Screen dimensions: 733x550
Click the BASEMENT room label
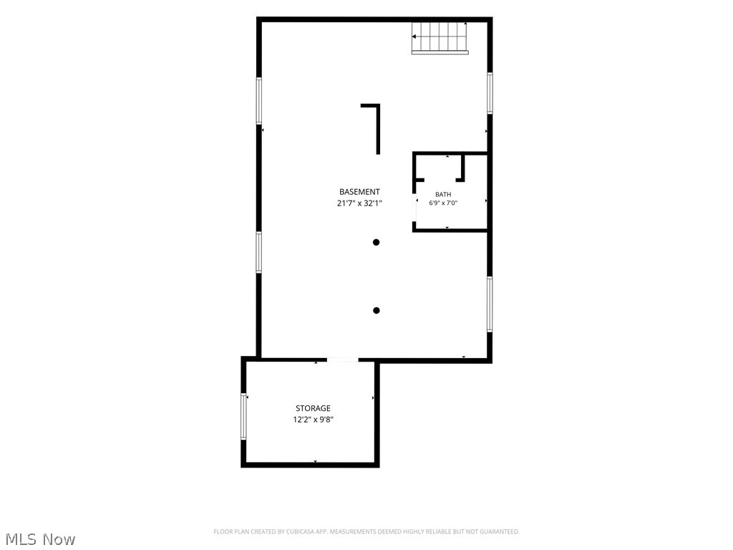(x=359, y=192)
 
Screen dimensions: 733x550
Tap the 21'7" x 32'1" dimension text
(x=359, y=203)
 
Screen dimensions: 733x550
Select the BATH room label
(x=443, y=195)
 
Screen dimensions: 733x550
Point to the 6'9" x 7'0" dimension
(x=443, y=203)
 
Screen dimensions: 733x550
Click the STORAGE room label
(x=314, y=408)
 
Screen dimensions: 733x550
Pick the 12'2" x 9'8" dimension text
(x=314, y=420)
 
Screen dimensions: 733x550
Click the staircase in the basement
(x=440, y=37)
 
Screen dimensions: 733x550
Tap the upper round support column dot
(x=377, y=242)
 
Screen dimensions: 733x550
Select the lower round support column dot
(x=377, y=311)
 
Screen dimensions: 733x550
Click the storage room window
(x=243, y=416)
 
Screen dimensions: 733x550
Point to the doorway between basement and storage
(x=343, y=360)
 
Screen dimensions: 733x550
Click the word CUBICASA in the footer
(x=305, y=532)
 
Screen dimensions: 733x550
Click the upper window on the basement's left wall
(x=258, y=100)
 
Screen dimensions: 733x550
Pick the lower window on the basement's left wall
(x=258, y=252)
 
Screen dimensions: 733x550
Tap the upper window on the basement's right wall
(x=490, y=93)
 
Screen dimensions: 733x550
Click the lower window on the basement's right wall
(x=490, y=304)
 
